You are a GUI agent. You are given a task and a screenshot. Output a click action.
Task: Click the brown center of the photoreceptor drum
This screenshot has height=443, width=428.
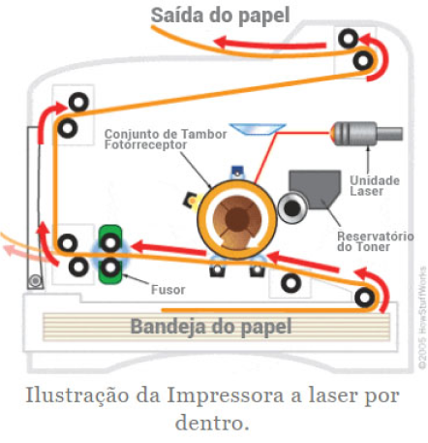[x=234, y=221]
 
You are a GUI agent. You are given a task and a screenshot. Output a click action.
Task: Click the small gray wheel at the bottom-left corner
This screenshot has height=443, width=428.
[x=35, y=282]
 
